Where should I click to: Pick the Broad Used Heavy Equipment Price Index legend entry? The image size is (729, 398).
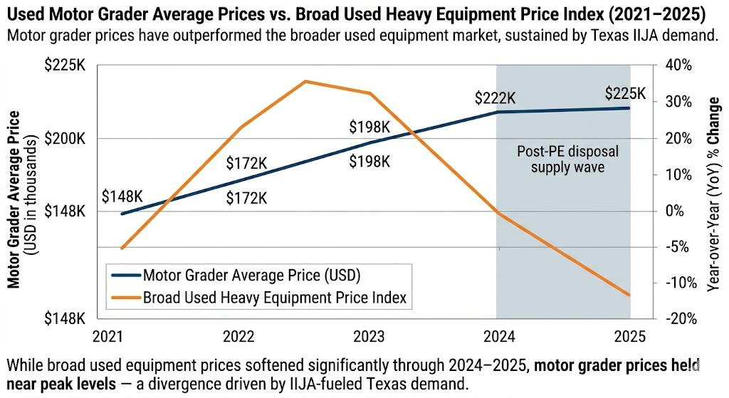(x=274, y=298)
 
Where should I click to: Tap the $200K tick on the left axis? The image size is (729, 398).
(x=65, y=138)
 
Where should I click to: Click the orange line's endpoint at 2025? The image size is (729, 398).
(x=629, y=295)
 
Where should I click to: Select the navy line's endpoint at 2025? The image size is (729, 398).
(x=629, y=108)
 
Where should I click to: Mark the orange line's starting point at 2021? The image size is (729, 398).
(x=122, y=248)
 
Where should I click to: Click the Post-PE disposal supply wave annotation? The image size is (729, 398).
(x=567, y=159)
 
